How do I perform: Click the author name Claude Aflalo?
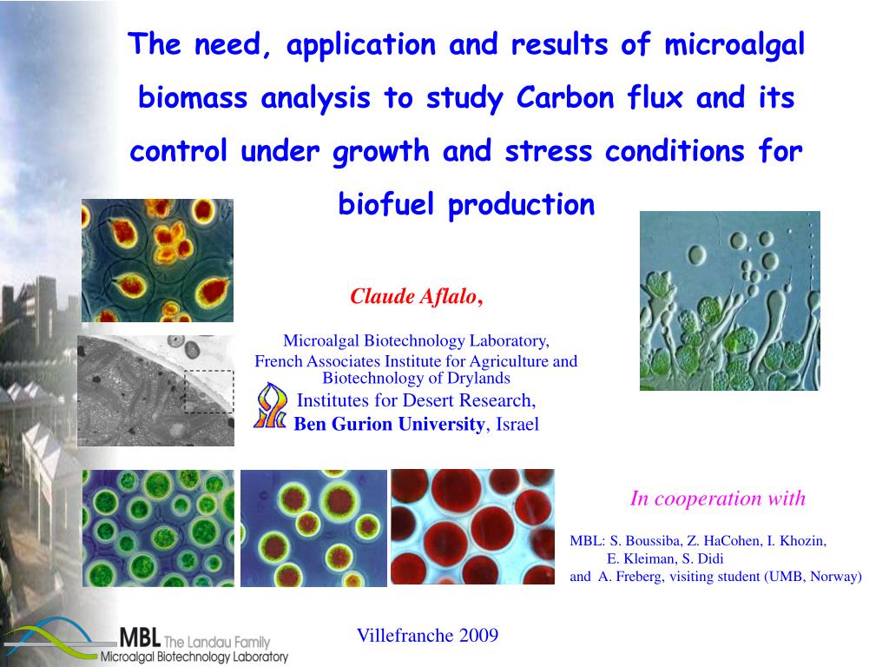[413, 297]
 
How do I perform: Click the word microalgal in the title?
[734, 45]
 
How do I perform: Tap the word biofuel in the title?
[387, 205]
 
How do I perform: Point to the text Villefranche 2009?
[427, 635]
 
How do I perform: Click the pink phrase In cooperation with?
[717, 499]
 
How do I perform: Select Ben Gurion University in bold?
[388, 424]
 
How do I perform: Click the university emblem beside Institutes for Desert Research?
[270, 406]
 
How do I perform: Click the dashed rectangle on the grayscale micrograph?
[209, 391]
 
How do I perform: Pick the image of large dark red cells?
[472, 526]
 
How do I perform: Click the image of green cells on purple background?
[158, 528]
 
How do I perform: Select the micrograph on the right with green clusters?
[729, 300]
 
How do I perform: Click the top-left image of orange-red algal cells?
[157, 260]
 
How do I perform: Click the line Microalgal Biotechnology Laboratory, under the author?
[416, 340]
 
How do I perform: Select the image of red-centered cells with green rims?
[313, 528]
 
